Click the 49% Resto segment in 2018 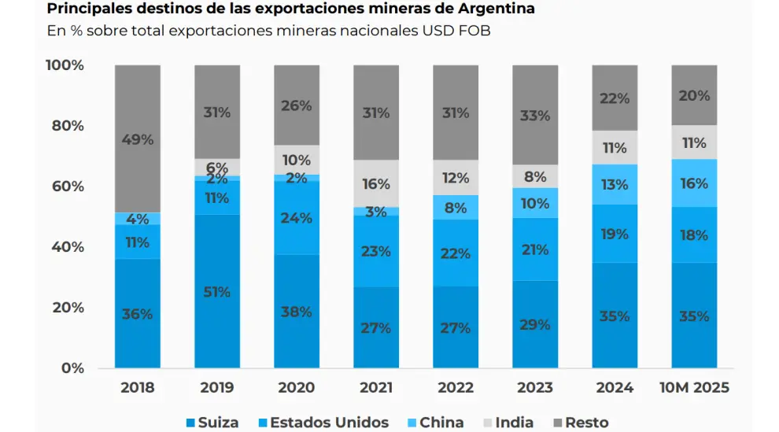point(138,139)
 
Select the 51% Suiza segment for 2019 point(217,292)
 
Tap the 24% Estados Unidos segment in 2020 point(297,218)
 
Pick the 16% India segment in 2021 point(376,184)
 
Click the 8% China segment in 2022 point(456,208)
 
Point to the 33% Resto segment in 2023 point(535,115)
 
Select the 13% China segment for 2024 point(615,185)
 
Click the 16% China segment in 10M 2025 point(694,183)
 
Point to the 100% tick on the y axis point(65,65)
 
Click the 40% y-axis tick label point(68,247)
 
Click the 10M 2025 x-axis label point(694,388)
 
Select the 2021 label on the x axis point(376,388)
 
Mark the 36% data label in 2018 point(138,314)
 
